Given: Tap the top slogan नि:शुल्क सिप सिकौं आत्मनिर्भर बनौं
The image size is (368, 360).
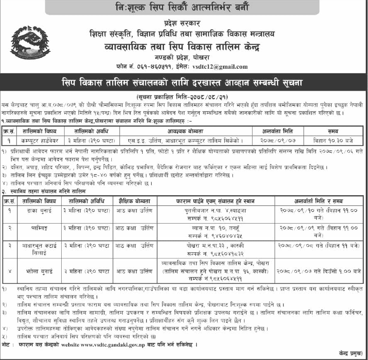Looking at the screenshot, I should coord(183,7).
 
